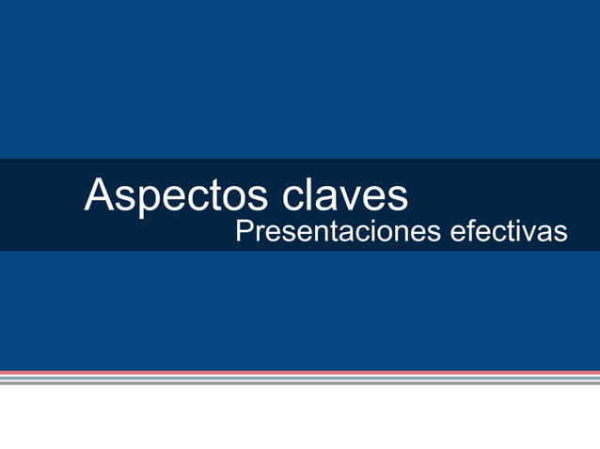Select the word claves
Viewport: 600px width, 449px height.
(344, 195)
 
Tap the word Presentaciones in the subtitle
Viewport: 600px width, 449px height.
(337, 231)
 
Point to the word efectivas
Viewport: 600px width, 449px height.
(508, 231)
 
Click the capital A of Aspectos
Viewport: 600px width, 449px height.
(99, 194)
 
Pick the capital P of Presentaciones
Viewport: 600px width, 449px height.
(244, 231)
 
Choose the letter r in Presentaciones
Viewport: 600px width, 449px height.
(258, 233)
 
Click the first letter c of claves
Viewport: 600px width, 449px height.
(292, 197)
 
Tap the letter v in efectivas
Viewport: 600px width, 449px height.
(529, 233)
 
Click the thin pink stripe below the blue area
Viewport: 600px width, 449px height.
(300, 373)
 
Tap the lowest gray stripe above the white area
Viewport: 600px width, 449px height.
(300, 383)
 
